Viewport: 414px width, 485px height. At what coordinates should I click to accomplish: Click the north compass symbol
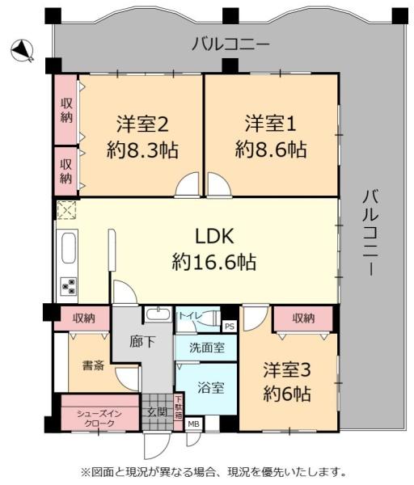pyautogui.click(x=22, y=51)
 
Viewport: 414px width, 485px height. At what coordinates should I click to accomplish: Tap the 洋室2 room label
pyautogui.click(x=142, y=124)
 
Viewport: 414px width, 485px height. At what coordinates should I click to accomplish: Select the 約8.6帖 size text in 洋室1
pyautogui.click(x=271, y=150)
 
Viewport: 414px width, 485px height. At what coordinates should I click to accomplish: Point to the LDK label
pyautogui.click(x=214, y=237)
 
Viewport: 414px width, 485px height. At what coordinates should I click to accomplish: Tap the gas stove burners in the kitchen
pyautogui.click(x=69, y=286)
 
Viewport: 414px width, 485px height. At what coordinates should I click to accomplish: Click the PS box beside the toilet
pyautogui.click(x=230, y=327)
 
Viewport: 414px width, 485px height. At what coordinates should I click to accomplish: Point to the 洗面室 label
pyautogui.click(x=207, y=348)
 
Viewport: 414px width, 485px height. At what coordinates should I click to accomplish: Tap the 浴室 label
pyautogui.click(x=211, y=387)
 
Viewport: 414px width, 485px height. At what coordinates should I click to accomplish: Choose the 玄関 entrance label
pyautogui.click(x=157, y=412)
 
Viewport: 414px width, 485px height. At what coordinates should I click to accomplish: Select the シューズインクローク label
pyautogui.click(x=99, y=419)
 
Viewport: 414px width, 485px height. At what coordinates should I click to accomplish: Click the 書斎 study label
pyautogui.click(x=93, y=366)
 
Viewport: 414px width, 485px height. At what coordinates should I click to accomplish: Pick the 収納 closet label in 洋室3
pyautogui.click(x=303, y=318)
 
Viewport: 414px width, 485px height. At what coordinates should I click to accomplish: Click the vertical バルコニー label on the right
pyautogui.click(x=370, y=232)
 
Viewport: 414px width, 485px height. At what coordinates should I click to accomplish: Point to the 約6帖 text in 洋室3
pyautogui.click(x=287, y=394)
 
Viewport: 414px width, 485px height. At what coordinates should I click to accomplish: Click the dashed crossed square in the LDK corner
pyautogui.click(x=66, y=210)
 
